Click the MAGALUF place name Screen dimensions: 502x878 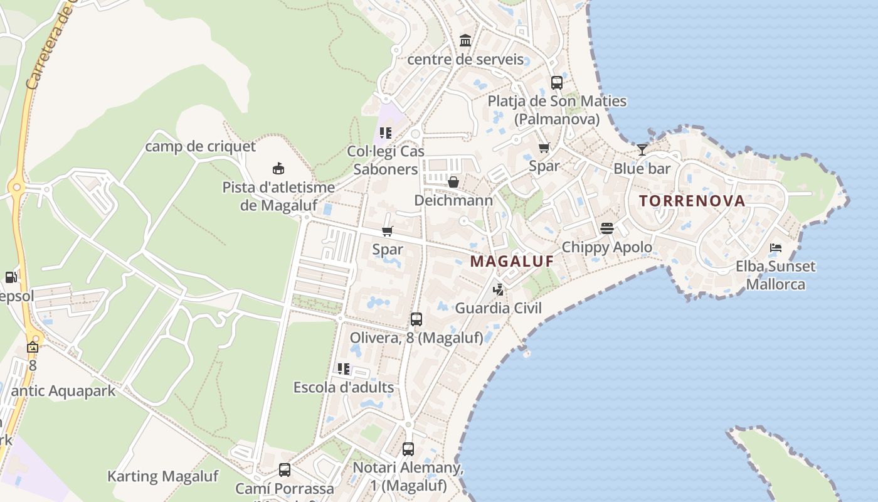click(512, 261)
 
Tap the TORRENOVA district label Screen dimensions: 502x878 click(692, 201)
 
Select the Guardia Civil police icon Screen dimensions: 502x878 click(499, 289)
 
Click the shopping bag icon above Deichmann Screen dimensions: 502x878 click(453, 182)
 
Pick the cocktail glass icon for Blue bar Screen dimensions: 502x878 click(642, 149)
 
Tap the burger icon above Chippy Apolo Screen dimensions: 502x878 click(606, 228)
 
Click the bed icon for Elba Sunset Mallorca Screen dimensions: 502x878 click(776, 247)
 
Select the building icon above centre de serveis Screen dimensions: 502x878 click(465, 41)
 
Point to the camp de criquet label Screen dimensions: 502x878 click(201, 146)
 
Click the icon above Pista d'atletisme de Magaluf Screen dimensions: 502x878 click(278, 168)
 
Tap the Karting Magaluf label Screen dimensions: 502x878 click(162, 476)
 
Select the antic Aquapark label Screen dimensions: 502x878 click(63, 391)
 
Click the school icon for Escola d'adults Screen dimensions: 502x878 click(343, 368)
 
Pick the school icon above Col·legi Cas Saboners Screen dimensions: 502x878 click(386, 132)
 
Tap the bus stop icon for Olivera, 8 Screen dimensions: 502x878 click(416, 319)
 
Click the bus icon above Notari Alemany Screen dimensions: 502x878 click(408, 449)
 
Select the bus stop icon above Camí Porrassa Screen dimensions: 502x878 click(285, 469)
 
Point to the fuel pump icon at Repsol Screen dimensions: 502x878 click(11, 277)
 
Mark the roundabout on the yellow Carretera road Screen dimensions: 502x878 click(17, 187)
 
